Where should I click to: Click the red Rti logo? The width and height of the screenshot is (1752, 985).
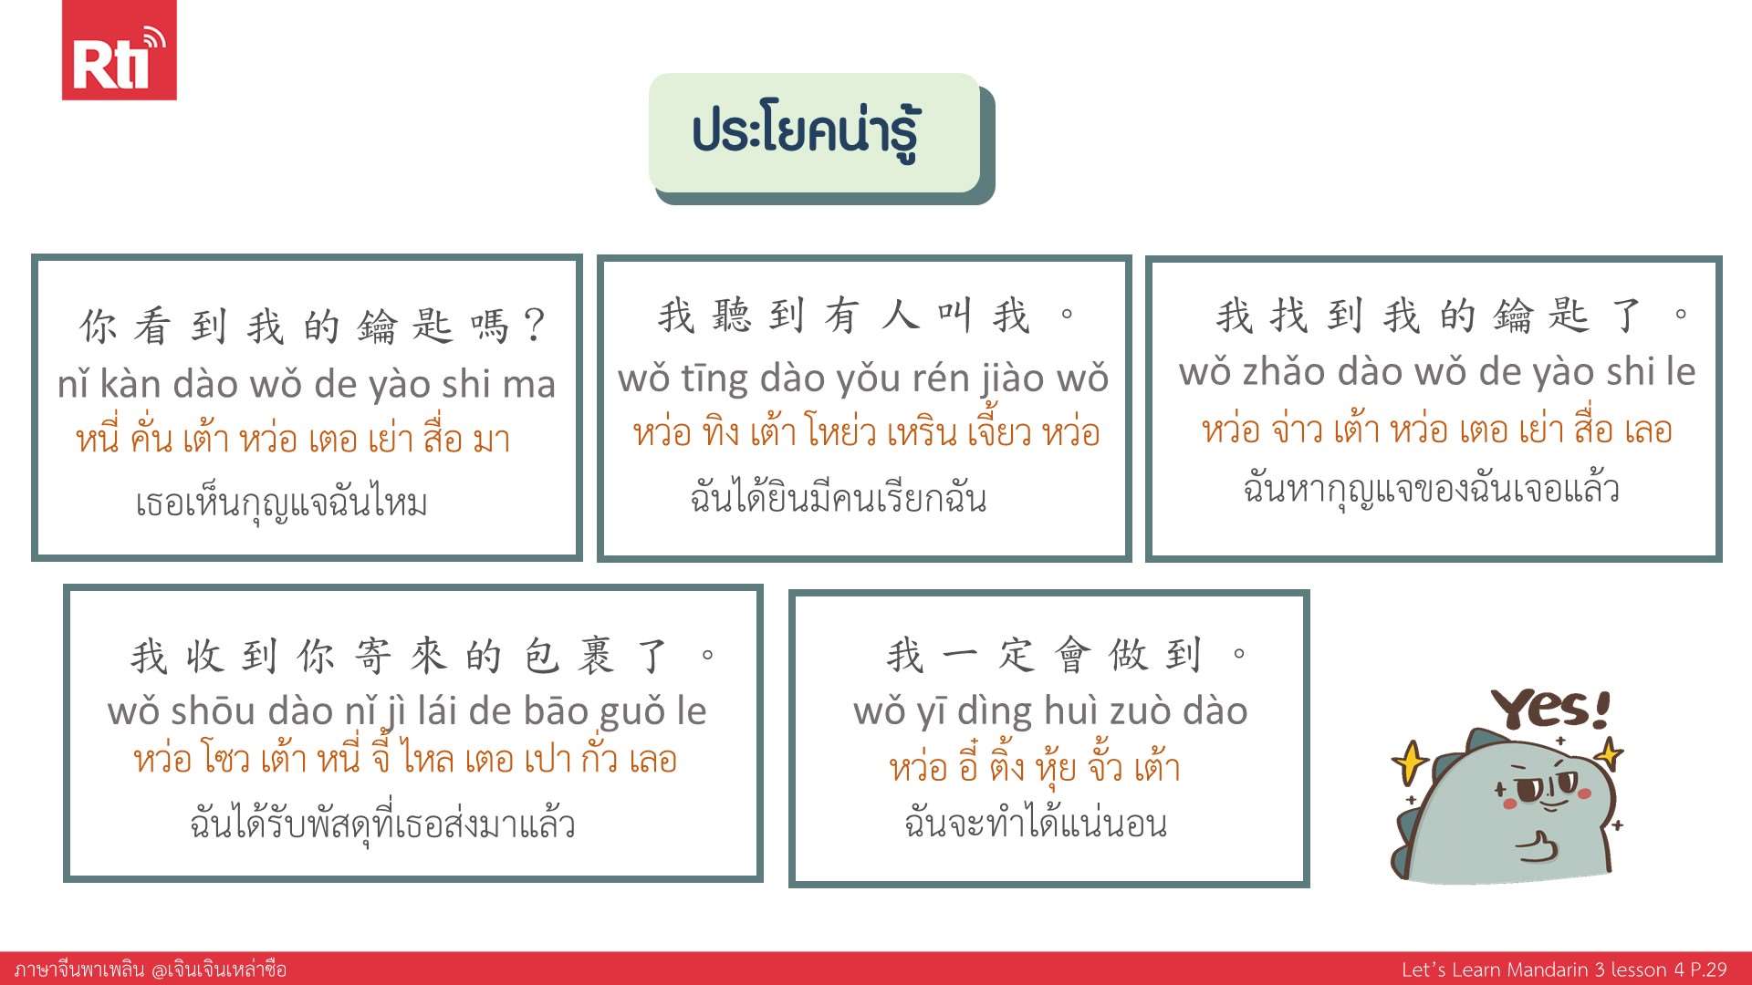(x=119, y=50)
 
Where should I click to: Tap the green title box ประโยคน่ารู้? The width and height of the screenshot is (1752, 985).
(x=815, y=133)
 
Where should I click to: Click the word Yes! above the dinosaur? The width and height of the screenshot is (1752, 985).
(x=1550, y=709)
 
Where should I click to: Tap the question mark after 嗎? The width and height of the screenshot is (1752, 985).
(x=535, y=325)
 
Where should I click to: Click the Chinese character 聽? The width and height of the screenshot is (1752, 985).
(x=730, y=316)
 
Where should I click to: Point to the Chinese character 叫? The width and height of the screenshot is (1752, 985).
(x=954, y=316)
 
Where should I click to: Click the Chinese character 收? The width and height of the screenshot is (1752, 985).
(x=204, y=656)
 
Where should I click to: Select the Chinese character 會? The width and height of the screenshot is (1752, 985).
(x=1072, y=654)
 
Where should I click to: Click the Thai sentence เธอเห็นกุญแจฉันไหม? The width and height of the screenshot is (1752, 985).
(x=281, y=503)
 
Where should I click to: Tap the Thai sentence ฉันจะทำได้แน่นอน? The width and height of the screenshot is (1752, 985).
(x=1036, y=823)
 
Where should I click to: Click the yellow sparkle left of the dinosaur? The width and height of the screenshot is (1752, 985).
(x=1410, y=762)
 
